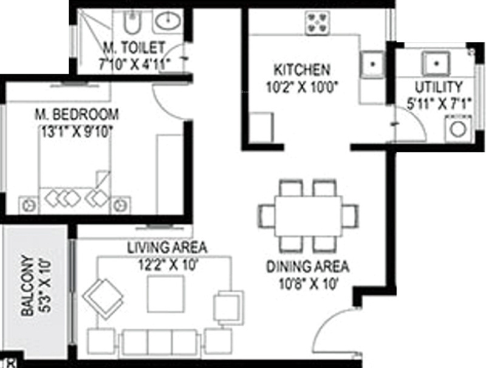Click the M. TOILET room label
click(x=134, y=46)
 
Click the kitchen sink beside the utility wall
click(x=373, y=62)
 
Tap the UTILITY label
click(x=438, y=86)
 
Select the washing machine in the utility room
click(x=457, y=129)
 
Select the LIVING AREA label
click(x=167, y=248)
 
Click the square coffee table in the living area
click(x=165, y=293)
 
